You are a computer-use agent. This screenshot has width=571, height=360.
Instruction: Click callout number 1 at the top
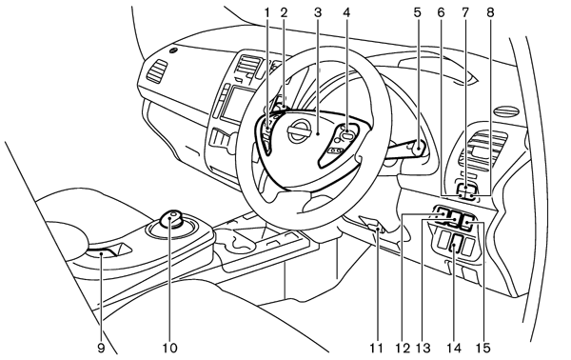(x=266, y=13)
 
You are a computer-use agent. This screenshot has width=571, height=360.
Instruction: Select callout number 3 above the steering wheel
(x=318, y=13)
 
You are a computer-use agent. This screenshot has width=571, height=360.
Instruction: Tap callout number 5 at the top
(x=418, y=13)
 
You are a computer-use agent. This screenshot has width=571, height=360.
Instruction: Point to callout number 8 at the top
(x=490, y=13)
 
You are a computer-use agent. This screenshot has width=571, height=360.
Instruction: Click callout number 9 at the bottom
(x=101, y=348)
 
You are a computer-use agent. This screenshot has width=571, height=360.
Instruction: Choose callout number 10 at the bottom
(x=169, y=348)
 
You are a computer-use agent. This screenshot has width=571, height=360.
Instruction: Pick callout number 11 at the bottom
(x=377, y=348)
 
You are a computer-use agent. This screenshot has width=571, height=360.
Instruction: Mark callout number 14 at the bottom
(x=454, y=348)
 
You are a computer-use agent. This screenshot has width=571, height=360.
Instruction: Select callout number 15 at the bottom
(x=482, y=348)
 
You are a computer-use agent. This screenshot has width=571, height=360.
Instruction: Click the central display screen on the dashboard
(x=237, y=104)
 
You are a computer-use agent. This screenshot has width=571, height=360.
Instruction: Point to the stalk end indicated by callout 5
(x=419, y=148)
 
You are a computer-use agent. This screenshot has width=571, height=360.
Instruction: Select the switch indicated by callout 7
(x=466, y=188)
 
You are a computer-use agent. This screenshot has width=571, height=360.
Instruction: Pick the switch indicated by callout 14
(x=455, y=244)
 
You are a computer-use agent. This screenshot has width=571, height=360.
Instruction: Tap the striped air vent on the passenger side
(x=157, y=70)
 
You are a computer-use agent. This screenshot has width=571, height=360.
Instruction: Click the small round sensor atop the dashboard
(x=174, y=50)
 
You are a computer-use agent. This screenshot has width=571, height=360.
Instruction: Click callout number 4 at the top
(x=346, y=13)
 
